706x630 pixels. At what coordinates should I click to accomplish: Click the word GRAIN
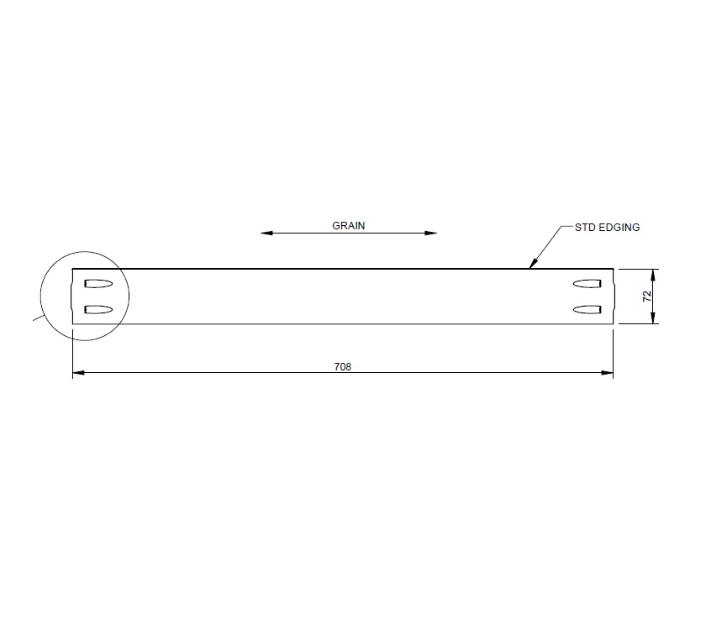click(x=349, y=225)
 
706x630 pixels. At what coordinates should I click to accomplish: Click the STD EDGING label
click(x=607, y=227)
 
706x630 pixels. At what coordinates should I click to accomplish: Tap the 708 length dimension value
click(x=342, y=366)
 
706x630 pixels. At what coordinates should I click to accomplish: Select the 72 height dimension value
click(x=646, y=296)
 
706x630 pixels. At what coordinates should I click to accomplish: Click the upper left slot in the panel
click(x=98, y=281)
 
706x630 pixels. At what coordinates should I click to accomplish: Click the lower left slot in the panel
click(x=98, y=310)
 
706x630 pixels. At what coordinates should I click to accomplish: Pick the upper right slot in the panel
click(x=585, y=281)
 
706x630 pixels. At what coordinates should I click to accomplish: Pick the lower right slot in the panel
click(x=585, y=310)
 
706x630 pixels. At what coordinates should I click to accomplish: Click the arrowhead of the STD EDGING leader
click(x=530, y=265)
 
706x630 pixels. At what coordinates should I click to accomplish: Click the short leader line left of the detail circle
click(x=38, y=317)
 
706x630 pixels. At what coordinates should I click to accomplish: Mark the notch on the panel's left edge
click(x=73, y=296)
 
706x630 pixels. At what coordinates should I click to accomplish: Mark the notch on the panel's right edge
click(x=613, y=296)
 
